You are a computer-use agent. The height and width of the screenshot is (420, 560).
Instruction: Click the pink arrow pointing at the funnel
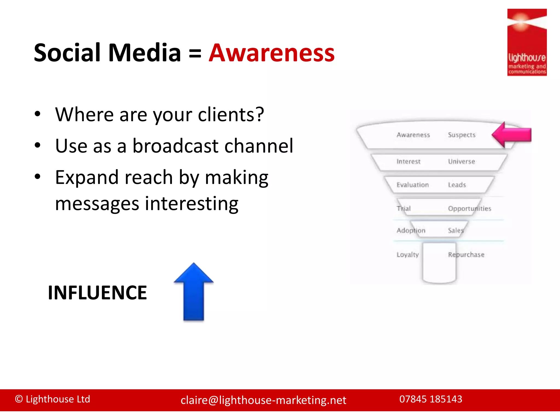(x=511, y=135)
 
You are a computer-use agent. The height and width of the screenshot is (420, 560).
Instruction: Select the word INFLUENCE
(x=97, y=293)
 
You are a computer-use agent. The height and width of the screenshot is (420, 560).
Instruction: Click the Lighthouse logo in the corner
(x=527, y=42)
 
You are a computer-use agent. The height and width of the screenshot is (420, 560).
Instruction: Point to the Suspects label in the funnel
(x=462, y=135)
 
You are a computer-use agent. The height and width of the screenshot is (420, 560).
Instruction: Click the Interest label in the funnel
(x=408, y=162)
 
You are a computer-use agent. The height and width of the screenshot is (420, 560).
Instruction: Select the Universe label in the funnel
(x=461, y=162)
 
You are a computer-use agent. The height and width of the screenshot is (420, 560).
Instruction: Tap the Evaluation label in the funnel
(x=412, y=185)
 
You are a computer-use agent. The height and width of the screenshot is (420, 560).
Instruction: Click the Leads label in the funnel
(x=457, y=185)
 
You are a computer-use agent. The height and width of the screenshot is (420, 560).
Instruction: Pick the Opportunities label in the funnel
(x=469, y=209)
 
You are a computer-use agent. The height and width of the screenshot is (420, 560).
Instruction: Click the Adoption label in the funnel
(x=411, y=231)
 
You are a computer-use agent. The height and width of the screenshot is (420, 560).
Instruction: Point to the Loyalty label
(x=407, y=255)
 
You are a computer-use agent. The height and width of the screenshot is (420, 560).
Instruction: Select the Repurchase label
(x=466, y=255)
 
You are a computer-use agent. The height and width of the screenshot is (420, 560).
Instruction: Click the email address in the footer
(x=263, y=400)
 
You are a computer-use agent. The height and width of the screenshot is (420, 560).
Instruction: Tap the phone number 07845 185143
(x=431, y=399)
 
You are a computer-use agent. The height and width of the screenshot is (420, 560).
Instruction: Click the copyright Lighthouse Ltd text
(x=52, y=399)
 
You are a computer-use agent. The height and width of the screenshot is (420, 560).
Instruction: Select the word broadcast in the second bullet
(x=175, y=146)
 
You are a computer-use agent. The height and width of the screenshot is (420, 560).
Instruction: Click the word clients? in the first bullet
(x=231, y=114)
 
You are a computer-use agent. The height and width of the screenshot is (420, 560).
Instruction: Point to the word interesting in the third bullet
(x=191, y=204)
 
